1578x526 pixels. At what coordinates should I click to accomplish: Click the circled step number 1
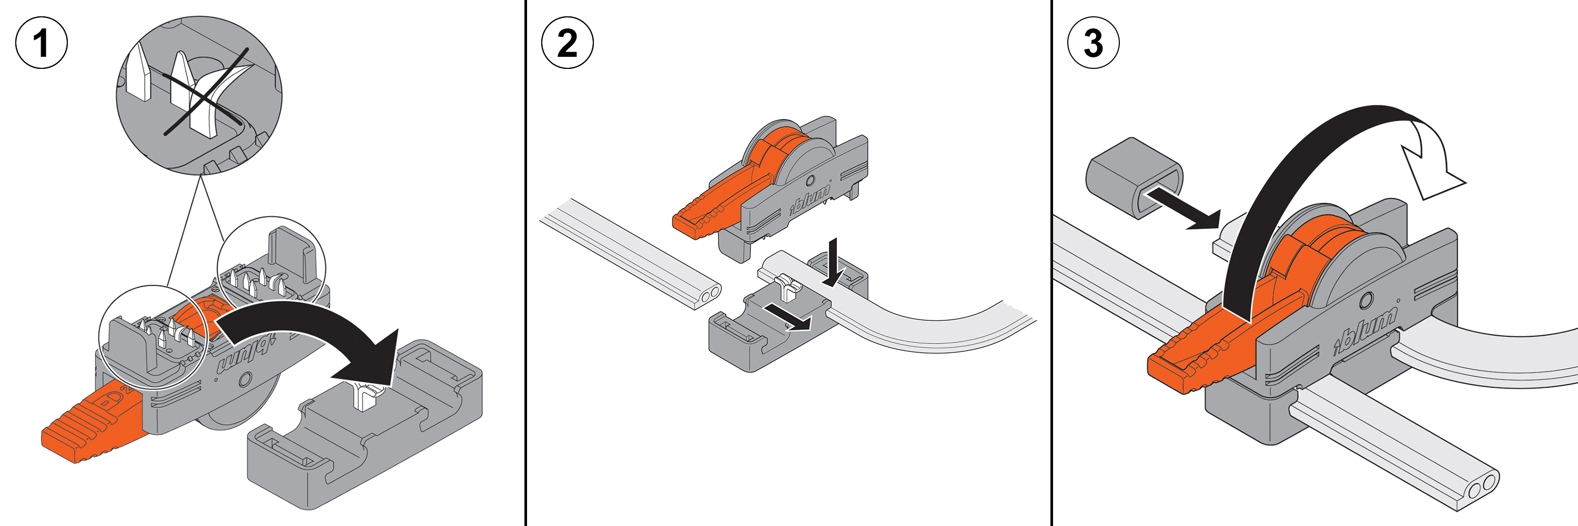pyautogui.click(x=41, y=43)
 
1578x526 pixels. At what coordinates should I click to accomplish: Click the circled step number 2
pyautogui.click(x=567, y=43)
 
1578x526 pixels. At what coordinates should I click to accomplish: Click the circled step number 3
pyautogui.click(x=1094, y=43)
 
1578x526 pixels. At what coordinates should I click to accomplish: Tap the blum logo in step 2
pyautogui.click(x=810, y=199)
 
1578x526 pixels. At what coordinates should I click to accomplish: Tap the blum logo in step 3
pyautogui.click(x=1365, y=331)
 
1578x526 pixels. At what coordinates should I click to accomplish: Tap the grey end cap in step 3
pyautogui.click(x=1134, y=178)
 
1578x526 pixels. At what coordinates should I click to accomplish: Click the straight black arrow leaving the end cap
pyautogui.click(x=1182, y=210)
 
